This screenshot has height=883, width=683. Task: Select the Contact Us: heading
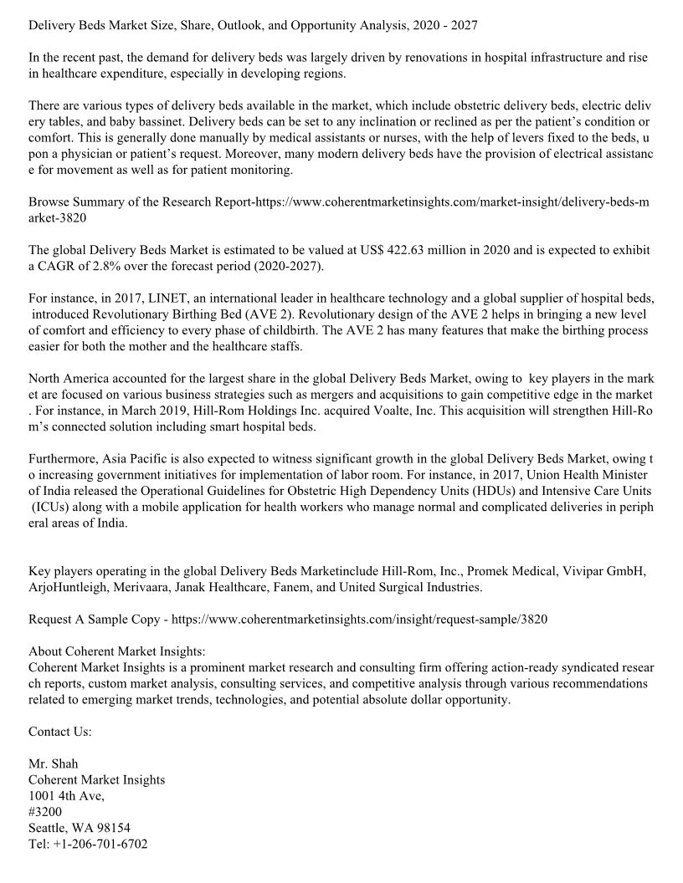[x=60, y=731]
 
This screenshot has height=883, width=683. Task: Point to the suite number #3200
[x=44, y=811]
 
